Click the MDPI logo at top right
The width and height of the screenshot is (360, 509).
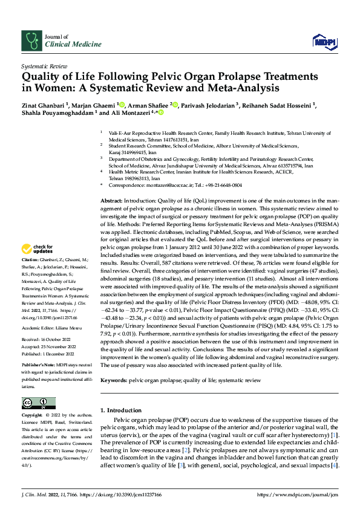coord(322,41)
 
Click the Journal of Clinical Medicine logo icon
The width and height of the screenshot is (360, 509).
coord(31,41)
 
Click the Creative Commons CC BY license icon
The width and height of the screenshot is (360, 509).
coord(38,403)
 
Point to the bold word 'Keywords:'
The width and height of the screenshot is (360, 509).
coord(114,381)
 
